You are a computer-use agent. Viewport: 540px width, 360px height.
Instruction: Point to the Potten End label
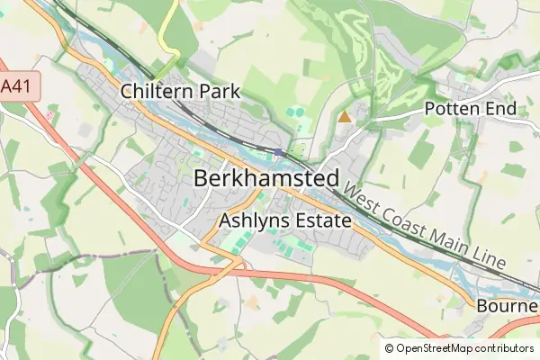(x=470, y=109)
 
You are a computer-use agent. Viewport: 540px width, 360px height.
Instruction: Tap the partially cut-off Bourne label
(x=508, y=306)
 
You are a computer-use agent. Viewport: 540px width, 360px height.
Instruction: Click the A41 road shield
(x=12, y=85)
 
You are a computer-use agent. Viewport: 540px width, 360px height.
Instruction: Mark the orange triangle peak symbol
(x=344, y=116)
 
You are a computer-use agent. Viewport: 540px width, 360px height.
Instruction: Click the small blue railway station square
(x=281, y=151)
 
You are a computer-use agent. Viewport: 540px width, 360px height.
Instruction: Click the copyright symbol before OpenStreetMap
(x=389, y=348)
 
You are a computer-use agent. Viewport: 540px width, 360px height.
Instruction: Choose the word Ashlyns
(x=248, y=219)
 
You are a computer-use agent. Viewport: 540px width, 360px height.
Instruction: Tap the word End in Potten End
(x=501, y=109)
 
